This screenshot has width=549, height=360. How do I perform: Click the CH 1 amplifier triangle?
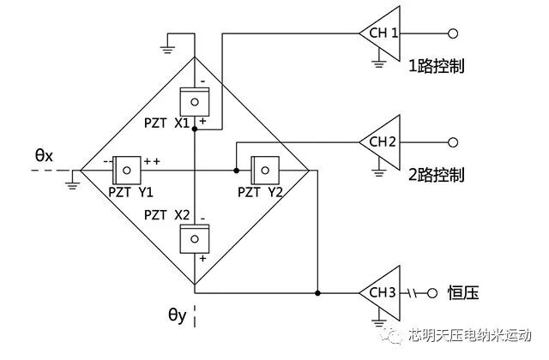coord(382,33)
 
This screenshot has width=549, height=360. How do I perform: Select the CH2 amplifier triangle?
coord(382,142)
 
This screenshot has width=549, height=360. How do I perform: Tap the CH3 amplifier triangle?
coord(382,292)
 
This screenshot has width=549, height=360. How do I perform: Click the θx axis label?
coord(44,155)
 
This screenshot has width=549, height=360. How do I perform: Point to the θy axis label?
coord(178,316)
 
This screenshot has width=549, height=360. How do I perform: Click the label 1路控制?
coord(437,65)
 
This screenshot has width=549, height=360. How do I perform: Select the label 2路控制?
coord(437,175)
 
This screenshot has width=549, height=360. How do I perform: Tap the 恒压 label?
coord(463,293)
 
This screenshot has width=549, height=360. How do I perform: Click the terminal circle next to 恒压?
coord(436,292)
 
